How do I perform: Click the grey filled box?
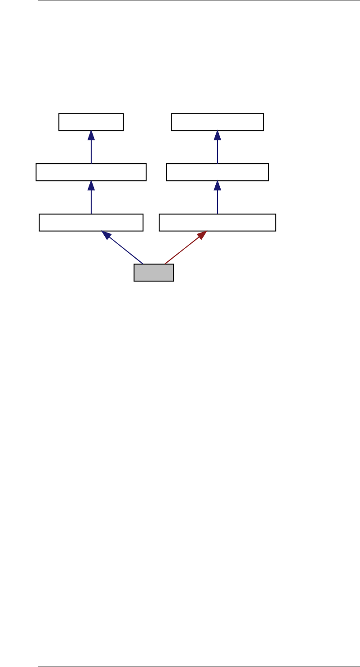coord(154,273)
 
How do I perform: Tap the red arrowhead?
coord(202,235)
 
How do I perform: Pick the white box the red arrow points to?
coord(218,223)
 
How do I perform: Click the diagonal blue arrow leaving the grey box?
coord(126,250)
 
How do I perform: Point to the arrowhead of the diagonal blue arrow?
coord(107,235)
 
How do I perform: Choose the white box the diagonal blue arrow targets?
coord(91,223)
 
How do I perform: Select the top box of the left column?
coord(91,122)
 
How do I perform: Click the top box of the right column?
coord(218,122)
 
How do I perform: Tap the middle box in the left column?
coord(91,172)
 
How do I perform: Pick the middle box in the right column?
coord(218,172)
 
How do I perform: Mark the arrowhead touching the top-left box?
coord(91,135)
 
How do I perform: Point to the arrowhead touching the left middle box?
coord(91,186)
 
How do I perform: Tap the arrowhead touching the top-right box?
coord(218,135)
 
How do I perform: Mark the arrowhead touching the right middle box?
coord(218,186)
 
